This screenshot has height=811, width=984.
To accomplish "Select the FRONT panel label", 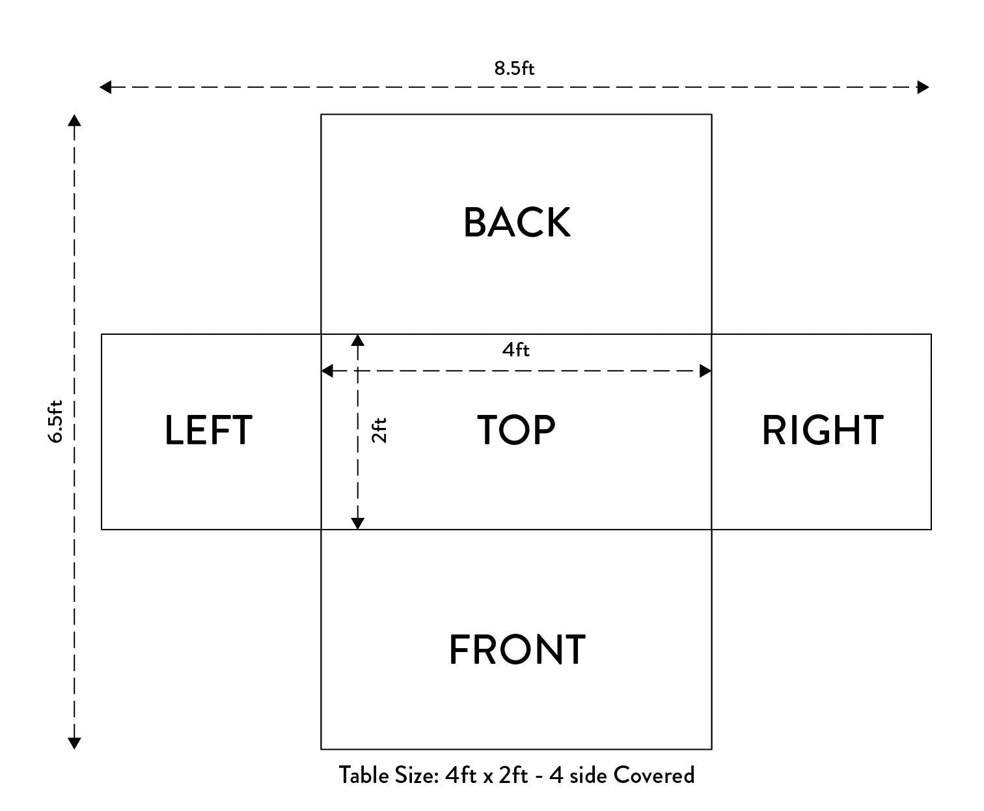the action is coord(517,649).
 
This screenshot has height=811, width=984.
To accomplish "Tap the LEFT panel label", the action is coord(208,430).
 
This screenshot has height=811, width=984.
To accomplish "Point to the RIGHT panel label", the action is coord(823,430).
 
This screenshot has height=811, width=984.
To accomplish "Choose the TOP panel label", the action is coord(517,430).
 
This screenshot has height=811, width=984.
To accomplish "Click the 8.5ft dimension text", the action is coord(514,68).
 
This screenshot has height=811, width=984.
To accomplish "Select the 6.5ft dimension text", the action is coord(55,421).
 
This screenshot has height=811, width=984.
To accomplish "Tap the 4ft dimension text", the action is coord(515,350).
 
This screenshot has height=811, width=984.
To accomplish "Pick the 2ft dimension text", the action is coord(379,430).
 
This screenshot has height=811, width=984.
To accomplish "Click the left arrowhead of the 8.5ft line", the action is coord(105,87).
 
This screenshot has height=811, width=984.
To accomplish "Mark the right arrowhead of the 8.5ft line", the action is coord(923,87).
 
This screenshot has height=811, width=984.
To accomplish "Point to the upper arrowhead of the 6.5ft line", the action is coord(74,121).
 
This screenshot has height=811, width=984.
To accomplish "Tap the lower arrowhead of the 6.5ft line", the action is coord(74,743).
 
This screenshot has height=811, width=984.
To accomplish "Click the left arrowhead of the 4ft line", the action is coord(327,371).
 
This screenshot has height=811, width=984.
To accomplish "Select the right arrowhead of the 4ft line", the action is coord(705,371).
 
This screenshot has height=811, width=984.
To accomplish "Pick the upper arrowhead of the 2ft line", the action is coord(358,341).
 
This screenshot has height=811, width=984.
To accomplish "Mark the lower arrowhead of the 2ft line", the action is coord(358,523).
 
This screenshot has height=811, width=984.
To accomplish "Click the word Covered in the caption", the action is coord(653,776).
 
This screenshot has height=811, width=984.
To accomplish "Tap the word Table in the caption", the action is coord(364,776).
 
